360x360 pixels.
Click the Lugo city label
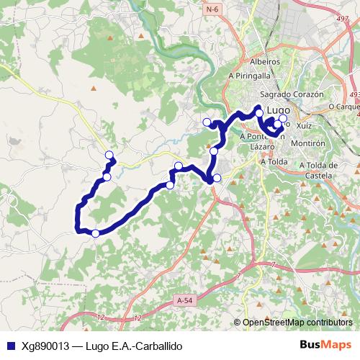pos(278,111)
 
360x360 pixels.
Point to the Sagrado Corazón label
pos(292,94)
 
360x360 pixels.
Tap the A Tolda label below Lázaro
pos(275,161)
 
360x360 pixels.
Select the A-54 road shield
pos(184,298)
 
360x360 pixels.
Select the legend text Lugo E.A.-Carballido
pos(133,346)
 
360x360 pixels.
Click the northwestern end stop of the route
pos(109,155)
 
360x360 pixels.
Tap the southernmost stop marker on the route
pos(95,233)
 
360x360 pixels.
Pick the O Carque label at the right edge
pos(343,106)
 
